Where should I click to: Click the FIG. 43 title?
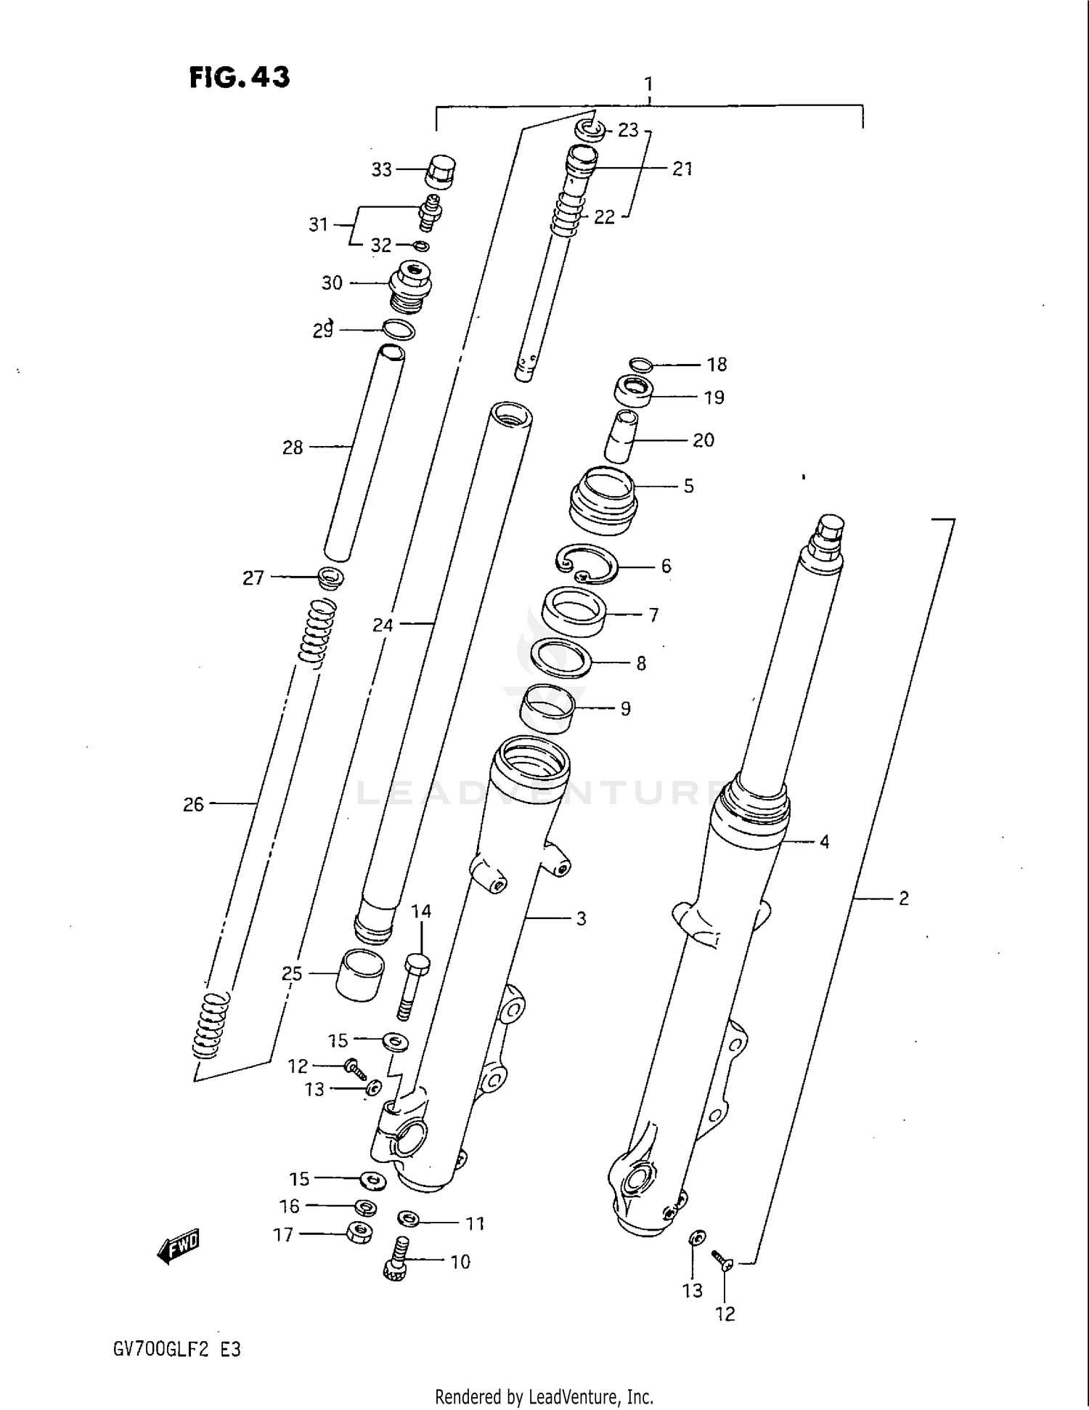coord(239,77)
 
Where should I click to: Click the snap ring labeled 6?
coord(587,564)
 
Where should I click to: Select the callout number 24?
coord(383,624)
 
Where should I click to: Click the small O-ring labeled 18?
coord(641,365)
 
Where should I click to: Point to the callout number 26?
coord(193,804)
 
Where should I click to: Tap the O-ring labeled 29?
coord(399,330)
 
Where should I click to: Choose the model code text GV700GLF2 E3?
coord(176,1350)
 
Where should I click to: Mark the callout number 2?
coord(903,899)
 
